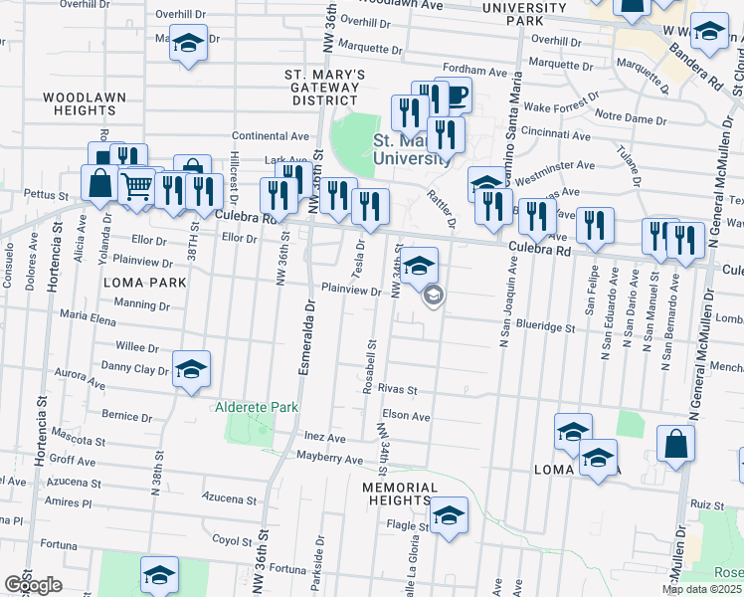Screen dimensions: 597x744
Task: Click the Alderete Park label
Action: coord(258,408)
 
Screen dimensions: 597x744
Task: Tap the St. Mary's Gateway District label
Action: coord(325,88)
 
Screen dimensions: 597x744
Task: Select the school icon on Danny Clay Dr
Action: coord(191,369)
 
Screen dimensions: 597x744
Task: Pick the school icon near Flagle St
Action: coord(449,515)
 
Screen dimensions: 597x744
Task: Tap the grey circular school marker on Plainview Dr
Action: coord(433,297)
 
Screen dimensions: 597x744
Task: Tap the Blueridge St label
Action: coord(543,326)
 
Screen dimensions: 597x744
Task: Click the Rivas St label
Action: coord(396,391)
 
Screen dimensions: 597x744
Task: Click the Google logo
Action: coord(34,585)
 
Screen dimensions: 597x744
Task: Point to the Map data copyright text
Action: coord(701,589)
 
